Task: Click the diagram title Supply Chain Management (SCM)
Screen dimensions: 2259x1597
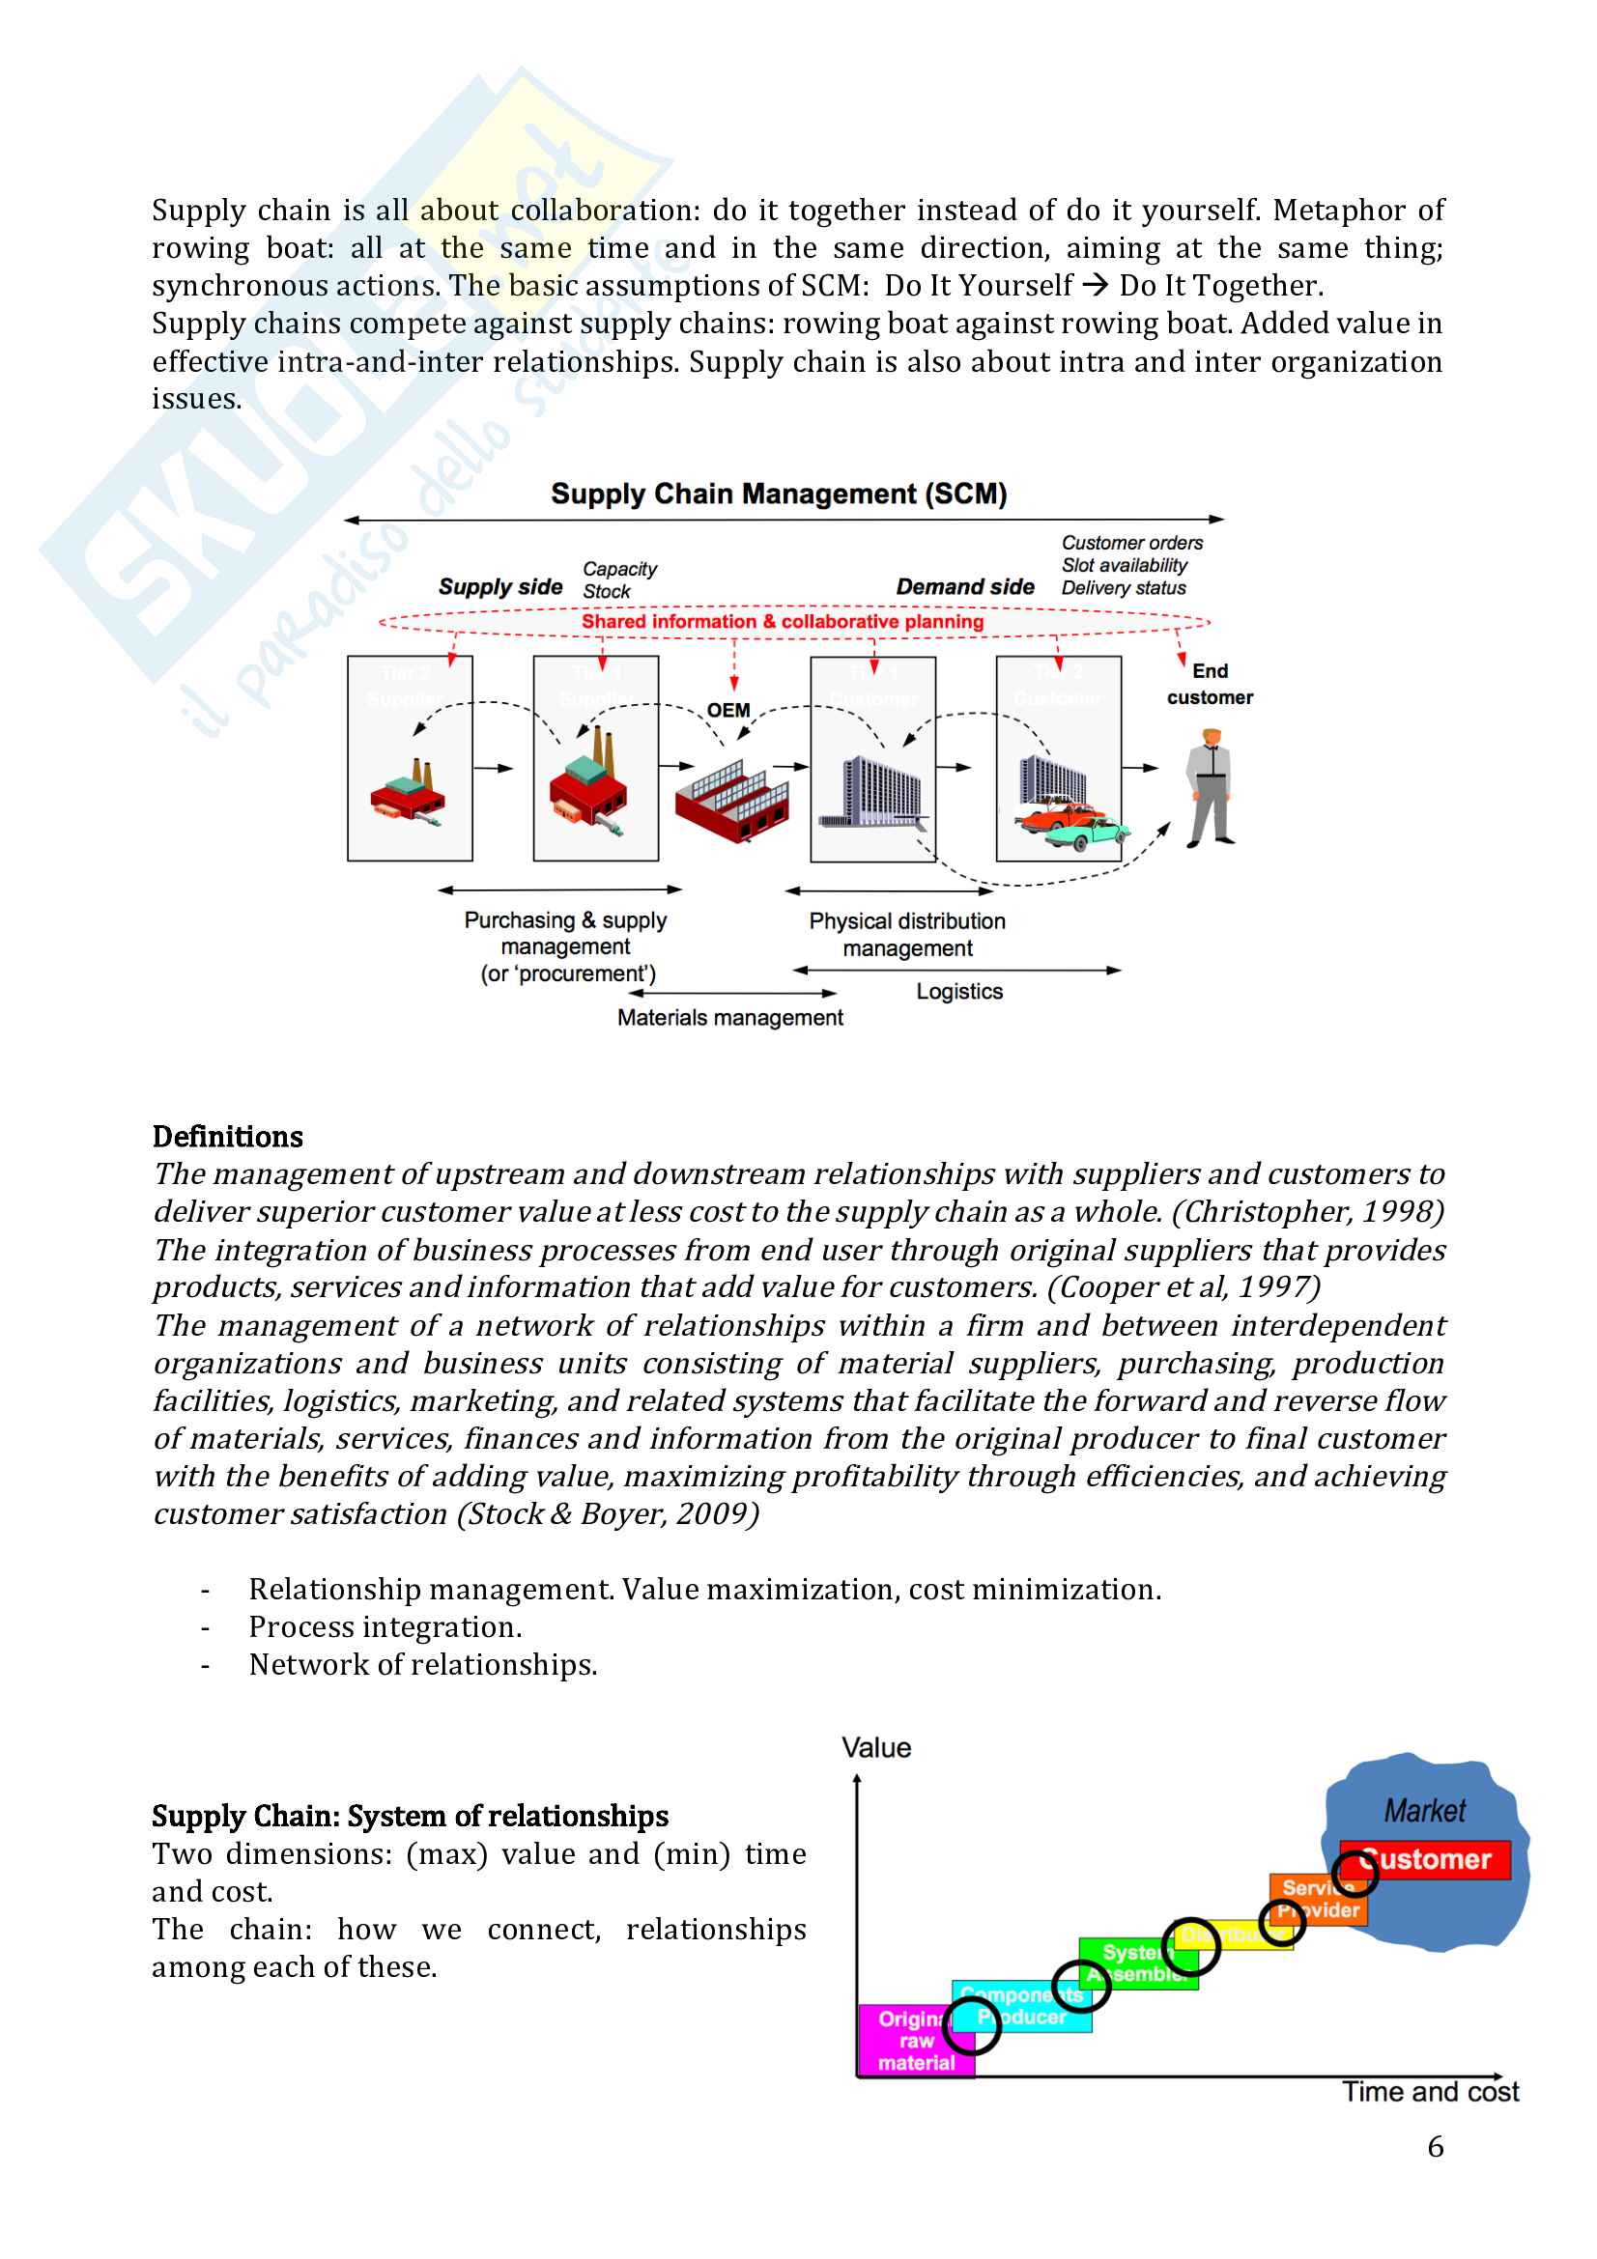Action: pos(779,494)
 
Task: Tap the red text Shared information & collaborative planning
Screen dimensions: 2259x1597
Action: pos(783,622)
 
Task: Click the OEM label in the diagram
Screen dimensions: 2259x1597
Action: pos(728,711)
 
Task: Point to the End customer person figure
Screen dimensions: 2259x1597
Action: pos(1211,788)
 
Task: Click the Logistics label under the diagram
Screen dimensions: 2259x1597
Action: pos(959,992)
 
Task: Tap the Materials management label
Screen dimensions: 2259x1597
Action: pos(730,1018)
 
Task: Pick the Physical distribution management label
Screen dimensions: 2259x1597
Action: pos(907,935)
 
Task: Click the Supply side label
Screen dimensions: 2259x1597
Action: pos(499,587)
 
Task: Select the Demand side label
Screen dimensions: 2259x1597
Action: pos(964,587)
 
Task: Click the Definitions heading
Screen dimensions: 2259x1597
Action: pos(227,1138)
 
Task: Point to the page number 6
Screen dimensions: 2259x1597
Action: pos(1436,2147)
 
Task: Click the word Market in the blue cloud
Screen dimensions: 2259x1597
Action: pos(1424,1811)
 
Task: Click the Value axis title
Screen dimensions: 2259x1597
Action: pos(875,1748)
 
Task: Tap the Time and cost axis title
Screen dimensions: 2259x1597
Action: pos(1430,2092)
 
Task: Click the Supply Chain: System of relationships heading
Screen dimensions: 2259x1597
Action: pos(411,1817)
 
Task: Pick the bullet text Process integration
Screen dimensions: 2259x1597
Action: pos(385,1627)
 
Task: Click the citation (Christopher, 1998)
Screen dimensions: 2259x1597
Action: pos(1308,1212)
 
